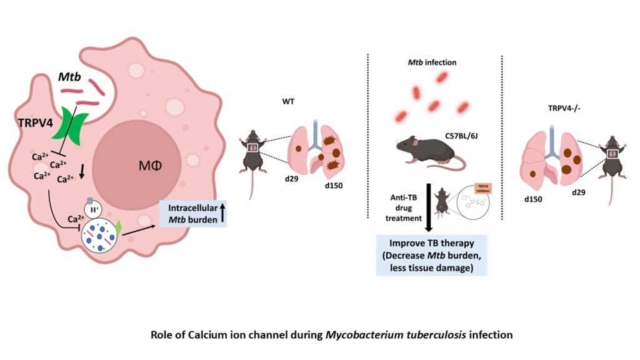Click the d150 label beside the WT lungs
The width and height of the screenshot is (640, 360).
[x=335, y=186]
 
